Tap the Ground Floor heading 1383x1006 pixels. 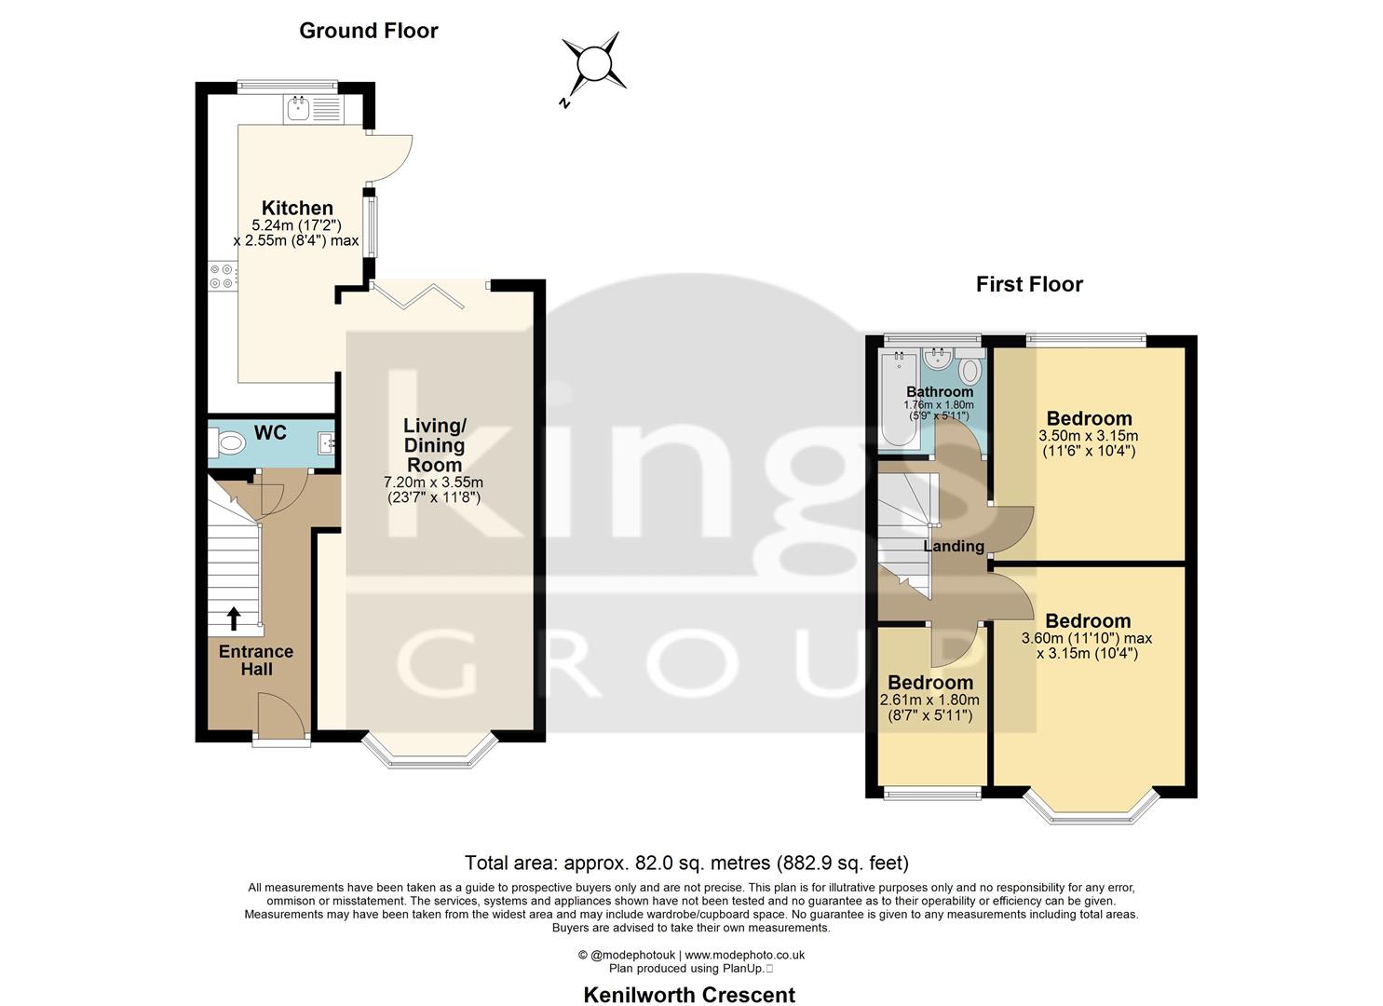[368, 31]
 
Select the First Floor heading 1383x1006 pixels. [1029, 284]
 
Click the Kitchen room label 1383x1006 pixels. [297, 208]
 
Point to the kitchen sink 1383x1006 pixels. [300, 110]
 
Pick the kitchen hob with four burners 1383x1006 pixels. [222, 277]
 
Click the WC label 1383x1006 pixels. [271, 433]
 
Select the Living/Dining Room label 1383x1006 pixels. [435, 445]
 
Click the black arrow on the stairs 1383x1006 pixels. [234, 619]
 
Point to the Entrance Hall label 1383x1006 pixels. [256, 660]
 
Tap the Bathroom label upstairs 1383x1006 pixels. [940, 392]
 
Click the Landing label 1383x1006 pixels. [954, 546]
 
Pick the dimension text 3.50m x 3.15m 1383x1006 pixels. [1089, 436]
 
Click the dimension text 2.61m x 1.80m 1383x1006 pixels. [929, 700]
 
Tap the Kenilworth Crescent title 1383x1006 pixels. [689, 995]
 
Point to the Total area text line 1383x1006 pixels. [686, 863]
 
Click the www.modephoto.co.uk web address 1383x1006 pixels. [745, 955]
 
